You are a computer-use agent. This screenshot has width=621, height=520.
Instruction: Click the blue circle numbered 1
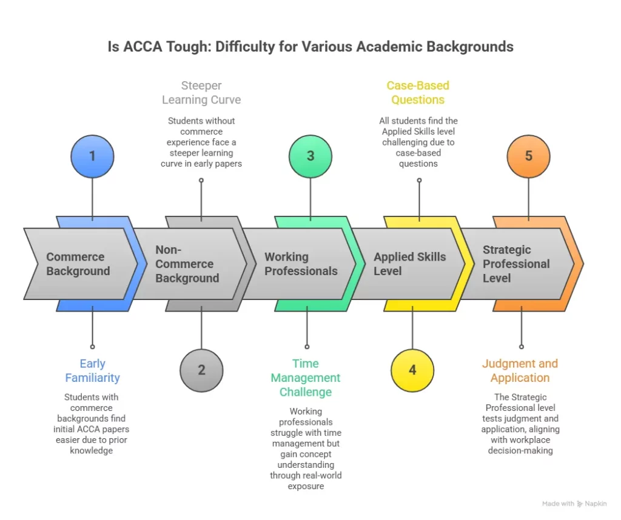(x=92, y=156)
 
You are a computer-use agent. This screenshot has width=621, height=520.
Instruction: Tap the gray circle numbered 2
(x=201, y=370)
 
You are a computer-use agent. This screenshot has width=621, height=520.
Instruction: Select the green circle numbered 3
(x=310, y=156)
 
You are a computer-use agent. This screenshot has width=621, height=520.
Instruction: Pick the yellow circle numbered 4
(x=412, y=370)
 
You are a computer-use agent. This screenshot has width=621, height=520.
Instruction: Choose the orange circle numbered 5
(x=528, y=156)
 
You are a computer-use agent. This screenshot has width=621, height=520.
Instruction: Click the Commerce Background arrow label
(x=78, y=264)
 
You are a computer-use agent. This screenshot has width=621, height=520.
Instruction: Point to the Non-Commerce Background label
(x=187, y=264)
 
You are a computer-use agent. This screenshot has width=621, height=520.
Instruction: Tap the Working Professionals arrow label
(x=301, y=264)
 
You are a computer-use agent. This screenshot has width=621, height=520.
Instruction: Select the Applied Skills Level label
(x=409, y=264)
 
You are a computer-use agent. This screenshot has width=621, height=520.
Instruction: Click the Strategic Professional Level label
(x=516, y=264)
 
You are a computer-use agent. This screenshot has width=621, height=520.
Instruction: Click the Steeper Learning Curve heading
(x=201, y=93)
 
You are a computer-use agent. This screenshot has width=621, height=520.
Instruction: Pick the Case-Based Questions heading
(x=418, y=93)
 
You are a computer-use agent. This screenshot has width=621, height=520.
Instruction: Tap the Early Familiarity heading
(x=92, y=370)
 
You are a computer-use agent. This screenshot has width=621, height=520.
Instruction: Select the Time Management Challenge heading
(x=306, y=378)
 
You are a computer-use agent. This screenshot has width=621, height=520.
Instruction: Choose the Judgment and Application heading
(x=520, y=370)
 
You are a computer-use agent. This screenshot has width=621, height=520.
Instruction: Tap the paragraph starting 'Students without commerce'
(x=201, y=142)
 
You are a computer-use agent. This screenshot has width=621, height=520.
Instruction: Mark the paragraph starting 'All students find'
(x=418, y=142)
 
